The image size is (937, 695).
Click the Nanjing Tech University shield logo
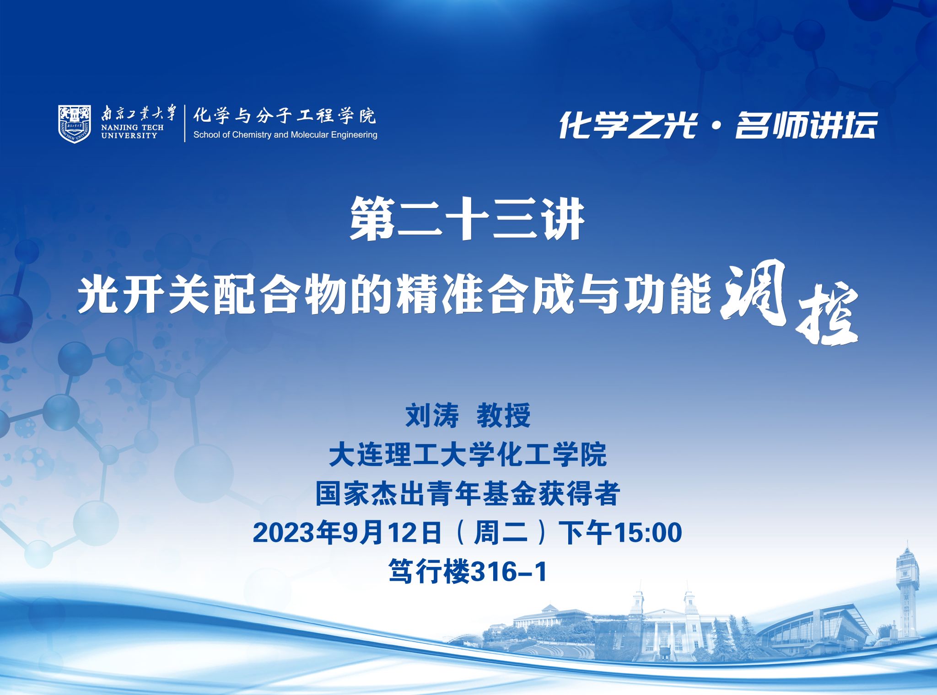[75, 123]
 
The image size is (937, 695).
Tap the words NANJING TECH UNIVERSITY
[132, 132]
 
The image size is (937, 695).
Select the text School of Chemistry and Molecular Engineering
[285, 135]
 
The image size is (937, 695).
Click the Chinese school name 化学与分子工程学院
[284, 115]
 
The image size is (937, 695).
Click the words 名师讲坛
[806, 125]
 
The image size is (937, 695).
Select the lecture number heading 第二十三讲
[467, 219]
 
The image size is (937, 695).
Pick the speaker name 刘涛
[432, 416]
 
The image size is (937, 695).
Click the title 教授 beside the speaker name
[503, 416]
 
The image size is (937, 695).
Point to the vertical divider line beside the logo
[185, 123]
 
